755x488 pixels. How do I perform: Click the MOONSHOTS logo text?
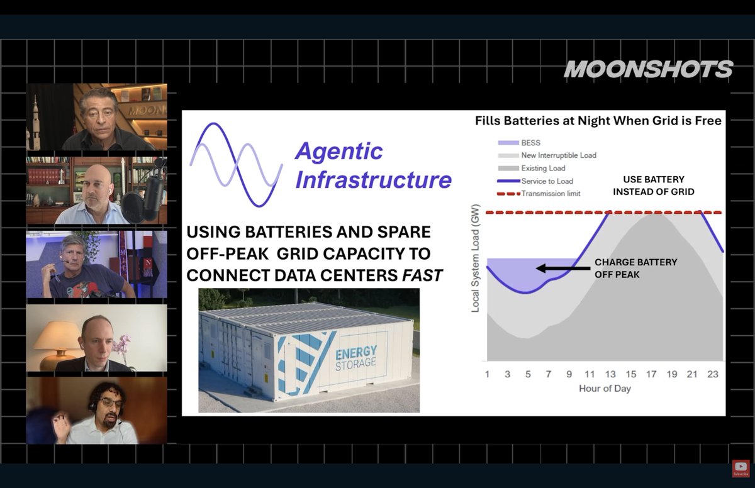[x=648, y=69]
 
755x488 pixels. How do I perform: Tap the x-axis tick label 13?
[x=610, y=374]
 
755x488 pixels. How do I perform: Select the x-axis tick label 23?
[x=712, y=374]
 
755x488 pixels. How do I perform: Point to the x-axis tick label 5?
[x=528, y=374]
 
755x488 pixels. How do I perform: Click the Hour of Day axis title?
[x=605, y=389]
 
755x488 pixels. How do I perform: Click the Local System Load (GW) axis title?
[x=475, y=258]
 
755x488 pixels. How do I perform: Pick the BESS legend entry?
[x=519, y=143]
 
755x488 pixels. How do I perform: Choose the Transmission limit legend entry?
[x=539, y=194]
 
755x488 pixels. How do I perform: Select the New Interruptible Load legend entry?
[x=547, y=155]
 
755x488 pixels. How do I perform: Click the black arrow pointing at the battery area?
[x=563, y=269]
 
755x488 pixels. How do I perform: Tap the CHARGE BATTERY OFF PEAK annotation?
[x=635, y=269]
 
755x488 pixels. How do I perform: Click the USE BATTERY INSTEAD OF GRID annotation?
[x=654, y=186]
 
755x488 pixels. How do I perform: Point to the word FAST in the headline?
[x=422, y=275]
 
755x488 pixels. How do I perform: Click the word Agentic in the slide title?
[x=338, y=150]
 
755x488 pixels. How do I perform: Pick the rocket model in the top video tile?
[x=35, y=121]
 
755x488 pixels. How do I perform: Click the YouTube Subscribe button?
[x=741, y=469]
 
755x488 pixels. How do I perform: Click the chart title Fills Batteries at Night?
[x=598, y=121]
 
